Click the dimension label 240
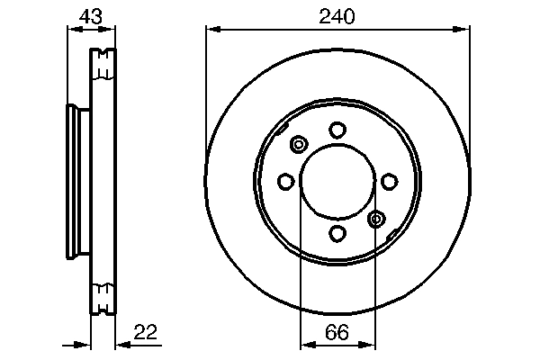click(337, 15)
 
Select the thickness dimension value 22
click(146, 332)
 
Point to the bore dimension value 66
click(337, 332)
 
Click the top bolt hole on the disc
click(337, 130)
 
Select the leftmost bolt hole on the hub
click(286, 182)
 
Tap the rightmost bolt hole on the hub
click(389, 182)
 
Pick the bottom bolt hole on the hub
click(337, 233)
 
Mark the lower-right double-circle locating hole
click(376, 218)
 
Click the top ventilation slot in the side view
click(104, 63)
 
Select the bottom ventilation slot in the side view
click(104, 295)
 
